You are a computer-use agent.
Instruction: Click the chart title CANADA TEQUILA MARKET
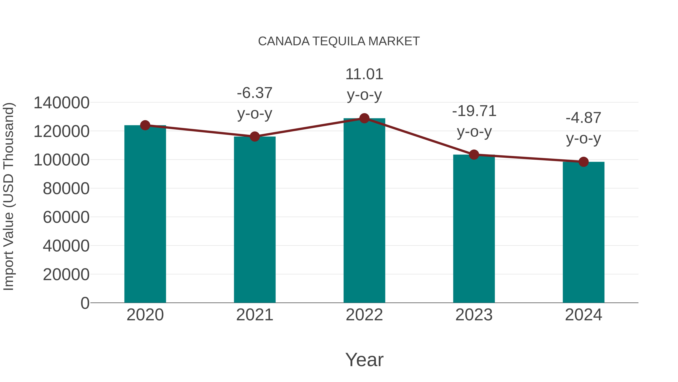(339, 41)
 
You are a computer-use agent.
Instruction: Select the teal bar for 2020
(145, 214)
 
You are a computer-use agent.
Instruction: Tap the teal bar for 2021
(254, 220)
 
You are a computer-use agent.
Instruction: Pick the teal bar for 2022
(364, 211)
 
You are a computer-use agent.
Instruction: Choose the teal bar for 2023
(474, 229)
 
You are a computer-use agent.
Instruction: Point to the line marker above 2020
(145, 125)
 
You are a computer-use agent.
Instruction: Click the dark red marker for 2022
(364, 118)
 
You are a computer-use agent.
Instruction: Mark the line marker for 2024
(583, 162)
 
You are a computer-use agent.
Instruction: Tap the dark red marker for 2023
(474, 155)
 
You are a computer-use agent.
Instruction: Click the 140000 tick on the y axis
(62, 103)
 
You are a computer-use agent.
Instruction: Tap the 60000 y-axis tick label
(66, 217)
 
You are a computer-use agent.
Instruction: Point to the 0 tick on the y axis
(85, 303)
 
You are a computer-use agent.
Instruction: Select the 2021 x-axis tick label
(254, 315)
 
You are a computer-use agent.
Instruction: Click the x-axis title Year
(364, 360)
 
